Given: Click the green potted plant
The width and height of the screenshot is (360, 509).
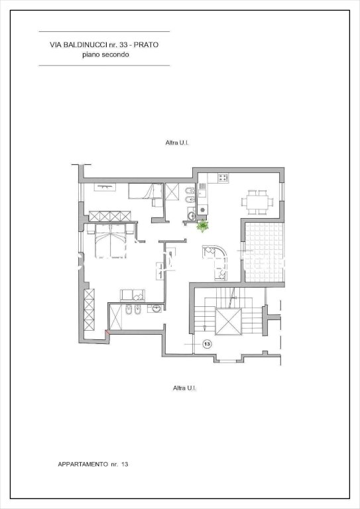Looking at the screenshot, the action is coord(203,225).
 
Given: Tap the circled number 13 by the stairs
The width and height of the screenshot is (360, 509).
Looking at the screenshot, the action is coord(207,344).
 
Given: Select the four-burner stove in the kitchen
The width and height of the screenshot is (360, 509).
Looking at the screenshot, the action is coord(223,178).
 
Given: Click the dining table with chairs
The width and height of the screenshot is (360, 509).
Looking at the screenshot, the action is coord(257,202).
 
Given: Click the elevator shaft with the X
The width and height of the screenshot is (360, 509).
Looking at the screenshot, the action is coord(229,321).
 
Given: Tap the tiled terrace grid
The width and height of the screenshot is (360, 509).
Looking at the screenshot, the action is coord(265,252).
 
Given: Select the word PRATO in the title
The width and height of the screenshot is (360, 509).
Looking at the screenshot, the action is coord(147,45).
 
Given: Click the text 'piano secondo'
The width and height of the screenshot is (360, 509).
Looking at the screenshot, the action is coord(105,54).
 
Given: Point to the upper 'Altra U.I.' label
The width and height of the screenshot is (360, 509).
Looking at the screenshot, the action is coord(177,142).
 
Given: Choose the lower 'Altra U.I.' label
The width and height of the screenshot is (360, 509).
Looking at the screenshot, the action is coord(185,388).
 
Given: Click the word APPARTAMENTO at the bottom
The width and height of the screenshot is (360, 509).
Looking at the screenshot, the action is coord(83,464).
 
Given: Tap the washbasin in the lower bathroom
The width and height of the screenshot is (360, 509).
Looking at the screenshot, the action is coord(156,308).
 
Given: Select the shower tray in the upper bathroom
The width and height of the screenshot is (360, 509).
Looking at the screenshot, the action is coord(172,192).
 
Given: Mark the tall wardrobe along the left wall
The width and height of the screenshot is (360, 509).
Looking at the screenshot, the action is coord(90,310).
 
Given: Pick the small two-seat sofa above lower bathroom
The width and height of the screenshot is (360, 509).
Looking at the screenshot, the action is coord(133,296).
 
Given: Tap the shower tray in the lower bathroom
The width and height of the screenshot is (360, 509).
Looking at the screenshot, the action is coord(115,317).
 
